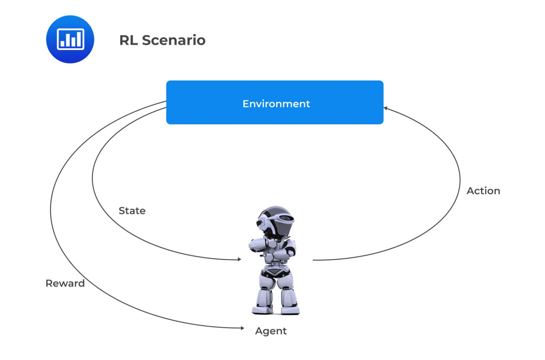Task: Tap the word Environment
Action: [x=276, y=104]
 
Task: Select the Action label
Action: [x=483, y=191]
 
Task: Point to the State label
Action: [x=132, y=211]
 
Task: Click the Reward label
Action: [x=65, y=283]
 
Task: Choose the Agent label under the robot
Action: [x=271, y=331]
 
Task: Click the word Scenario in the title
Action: [x=174, y=40]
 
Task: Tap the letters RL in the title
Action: [x=128, y=40]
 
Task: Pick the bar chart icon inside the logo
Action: [x=71, y=39]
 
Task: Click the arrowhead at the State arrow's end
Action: [x=240, y=259]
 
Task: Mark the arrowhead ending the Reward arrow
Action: [x=242, y=328]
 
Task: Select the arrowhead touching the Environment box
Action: [x=385, y=108]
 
